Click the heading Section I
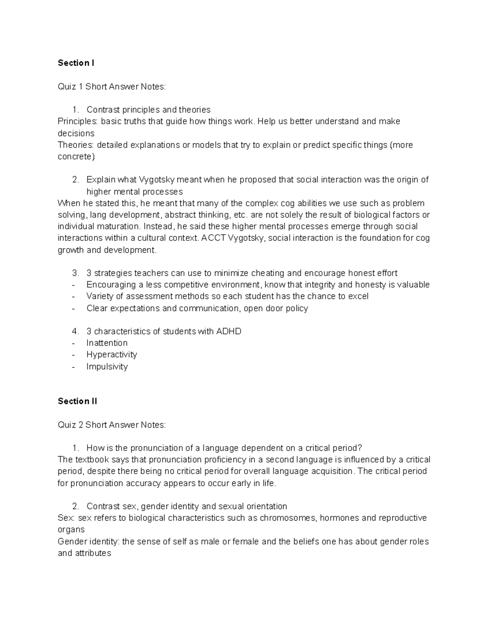click(76, 63)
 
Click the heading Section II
click(77, 401)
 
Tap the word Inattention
click(107, 343)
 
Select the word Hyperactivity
click(111, 355)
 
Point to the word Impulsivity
click(107, 366)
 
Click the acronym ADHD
click(230, 331)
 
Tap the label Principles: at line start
click(78, 121)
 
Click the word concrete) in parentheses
click(76, 157)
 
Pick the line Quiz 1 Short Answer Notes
click(112, 86)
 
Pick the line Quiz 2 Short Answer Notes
click(112, 425)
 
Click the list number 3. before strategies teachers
click(75, 273)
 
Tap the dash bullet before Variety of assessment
click(74, 296)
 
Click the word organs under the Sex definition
click(71, 530)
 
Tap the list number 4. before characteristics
click(75, 331)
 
